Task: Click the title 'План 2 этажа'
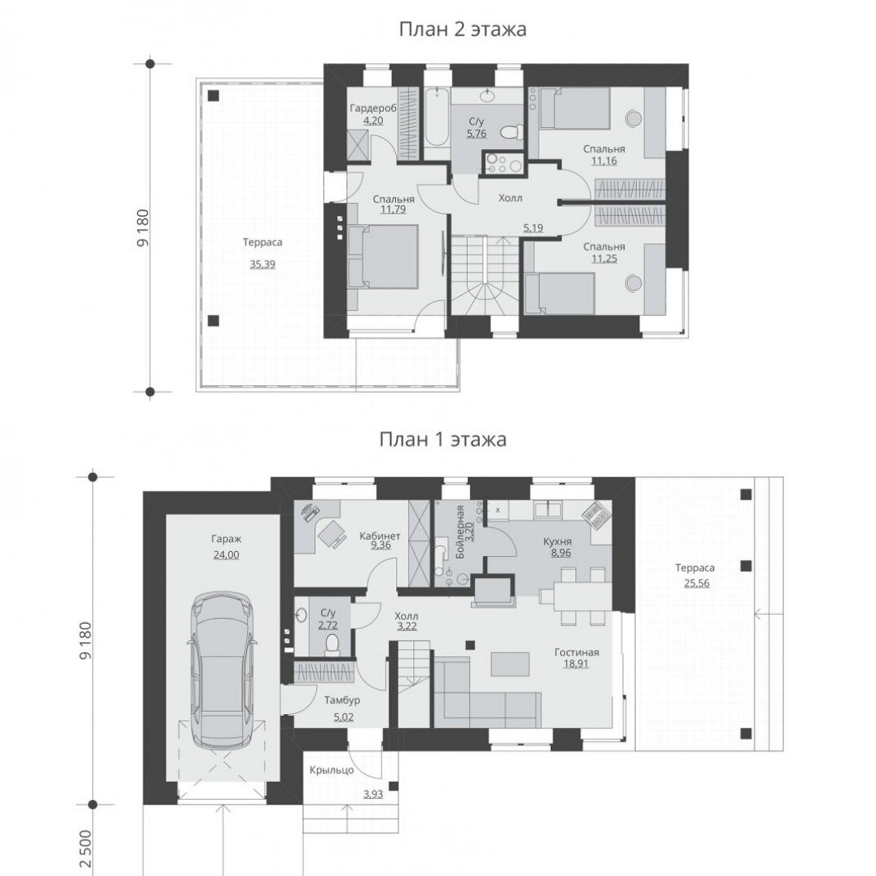pyautogui.click(x=463, y=30)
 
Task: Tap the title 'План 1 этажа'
pyautogui.click(x=443, y=440)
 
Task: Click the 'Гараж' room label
pyautogui.click(x=226, y=539)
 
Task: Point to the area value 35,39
pyautogui.click(x=262, y=264)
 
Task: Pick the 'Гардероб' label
pyautogui.click(x=373, y=108)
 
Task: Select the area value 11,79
pyautogui.click(x=393, y=210)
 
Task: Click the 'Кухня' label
pyautogui.click(x=557, y=542)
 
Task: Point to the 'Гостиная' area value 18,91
pyautogui.click(x=576, y=664)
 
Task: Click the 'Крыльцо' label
pyautogui.click(x=332, y=770)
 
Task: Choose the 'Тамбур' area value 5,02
pyautogui.click(x=343, y=717)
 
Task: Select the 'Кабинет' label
pyautogui.click(x=380, y=536)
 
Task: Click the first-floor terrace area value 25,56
pyautogui.click(x=697, y=583)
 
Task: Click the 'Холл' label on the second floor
pyautogui.click(x=510, y=198)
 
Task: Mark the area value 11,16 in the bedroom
pyautogui.click(x=604, y=161)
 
